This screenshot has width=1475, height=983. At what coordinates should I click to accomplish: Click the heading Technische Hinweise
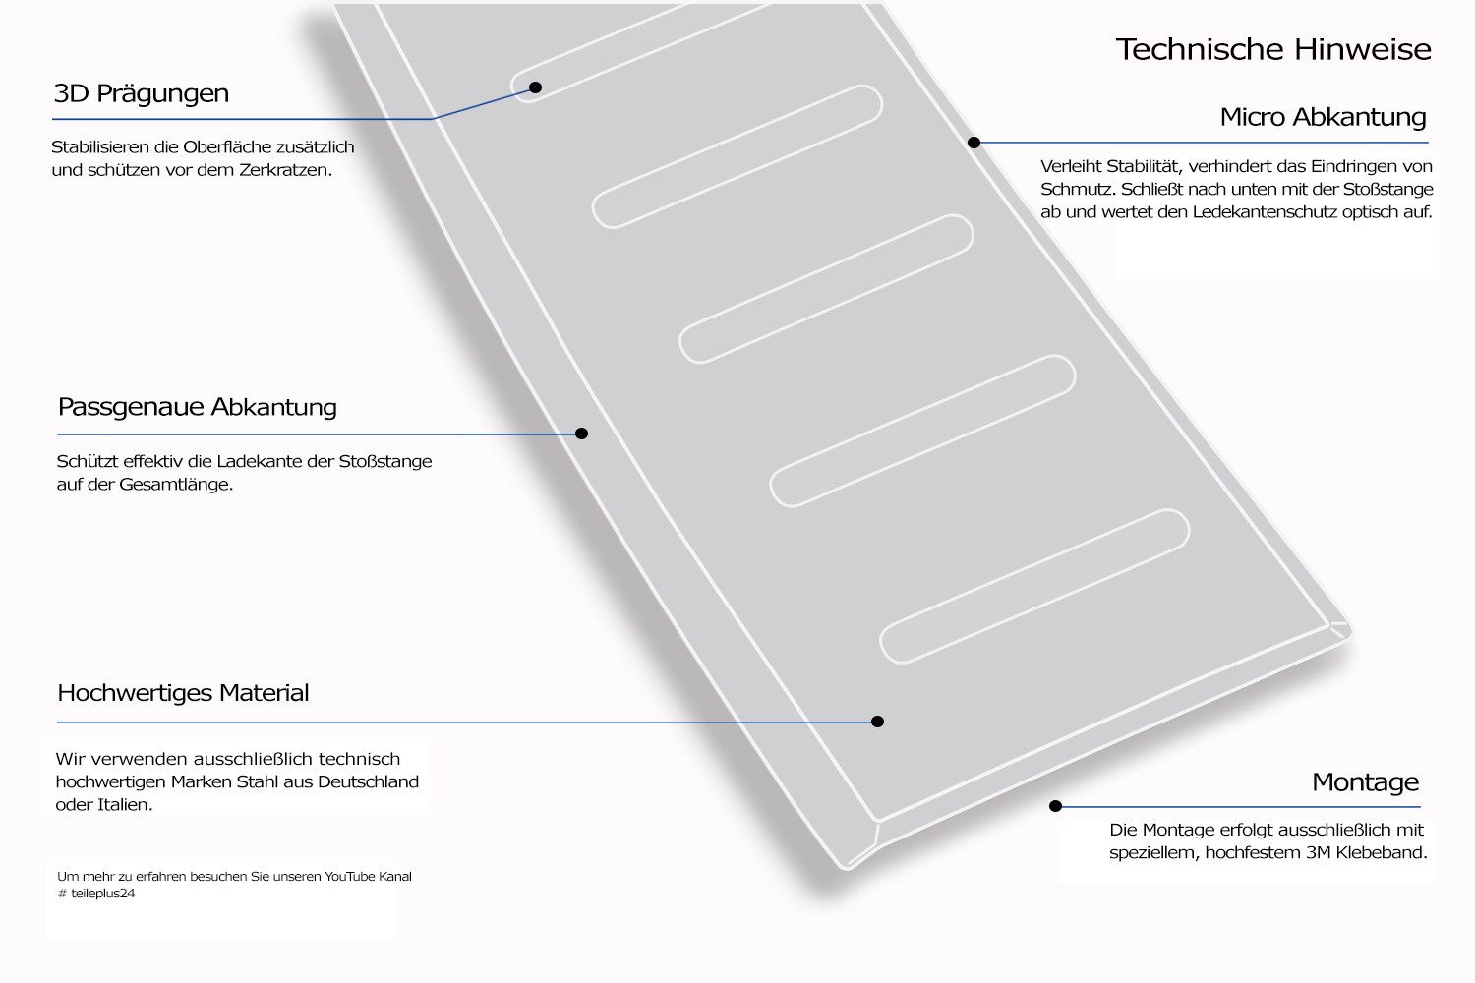point(1273,49)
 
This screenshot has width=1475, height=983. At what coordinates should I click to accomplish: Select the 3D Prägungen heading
point(141,94)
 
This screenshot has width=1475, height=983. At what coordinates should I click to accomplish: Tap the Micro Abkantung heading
point(1323,117)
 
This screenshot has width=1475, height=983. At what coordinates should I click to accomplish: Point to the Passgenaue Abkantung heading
point(197,407)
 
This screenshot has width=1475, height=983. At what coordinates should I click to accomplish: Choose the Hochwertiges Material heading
point(183,693)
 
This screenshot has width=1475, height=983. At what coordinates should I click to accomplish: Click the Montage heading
point(1365,782)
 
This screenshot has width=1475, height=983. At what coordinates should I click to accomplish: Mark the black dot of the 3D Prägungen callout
point(535,87)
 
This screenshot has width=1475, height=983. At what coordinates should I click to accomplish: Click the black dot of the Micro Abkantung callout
point(973,143)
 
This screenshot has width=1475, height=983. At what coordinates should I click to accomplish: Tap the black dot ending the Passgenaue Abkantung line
point(581,434)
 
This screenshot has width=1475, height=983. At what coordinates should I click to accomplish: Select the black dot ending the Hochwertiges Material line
point(877,722)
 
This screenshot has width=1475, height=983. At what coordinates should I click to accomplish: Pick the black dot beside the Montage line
point(1055,806)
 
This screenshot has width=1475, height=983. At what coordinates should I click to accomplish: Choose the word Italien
point(123,805)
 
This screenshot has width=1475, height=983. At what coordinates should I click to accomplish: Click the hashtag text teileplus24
point(102,894)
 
